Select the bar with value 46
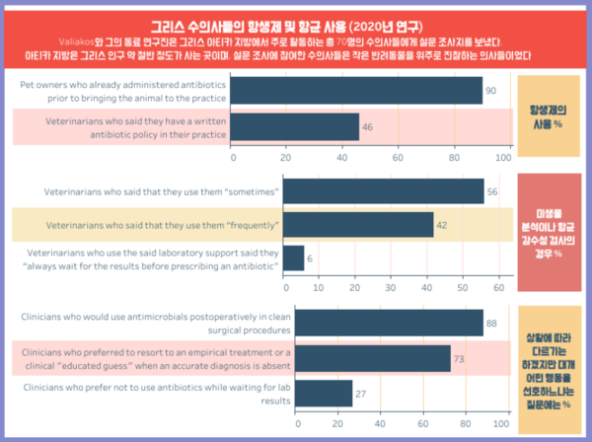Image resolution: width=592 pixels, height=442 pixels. [x=296, y=126]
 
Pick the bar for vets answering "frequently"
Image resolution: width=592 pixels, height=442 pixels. [x=357, y=225]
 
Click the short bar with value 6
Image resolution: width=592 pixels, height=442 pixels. [x=293, y=258]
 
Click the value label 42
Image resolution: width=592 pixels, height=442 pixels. [x=443, y=225]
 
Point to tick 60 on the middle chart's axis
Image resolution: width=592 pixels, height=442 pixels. [x=496, y=287]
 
